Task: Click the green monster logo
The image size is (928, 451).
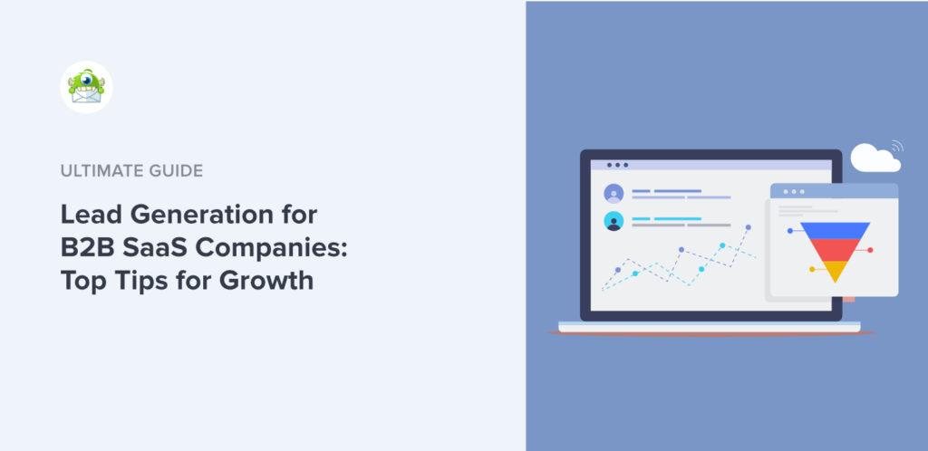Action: (x=86, y=87)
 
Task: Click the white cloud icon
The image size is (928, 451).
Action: (x=874, y=158)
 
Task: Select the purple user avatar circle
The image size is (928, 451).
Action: (x=614, y=193)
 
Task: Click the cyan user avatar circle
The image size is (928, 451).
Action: (x=614, y=220)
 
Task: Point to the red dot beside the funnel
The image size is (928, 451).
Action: (x=870, y=249)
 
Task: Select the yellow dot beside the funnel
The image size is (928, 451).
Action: (x=811, y=268)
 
